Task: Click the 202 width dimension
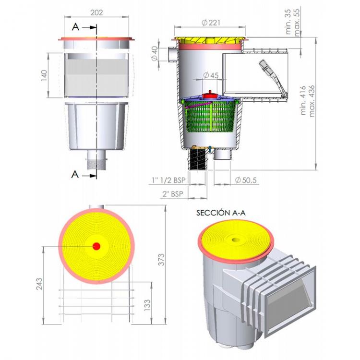point(97,13)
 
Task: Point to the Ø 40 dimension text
point(155,54)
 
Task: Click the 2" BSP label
point(172,194)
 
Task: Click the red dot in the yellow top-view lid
point(96,246)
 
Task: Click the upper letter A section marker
point(75,27)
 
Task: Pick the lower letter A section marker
point(75,174)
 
